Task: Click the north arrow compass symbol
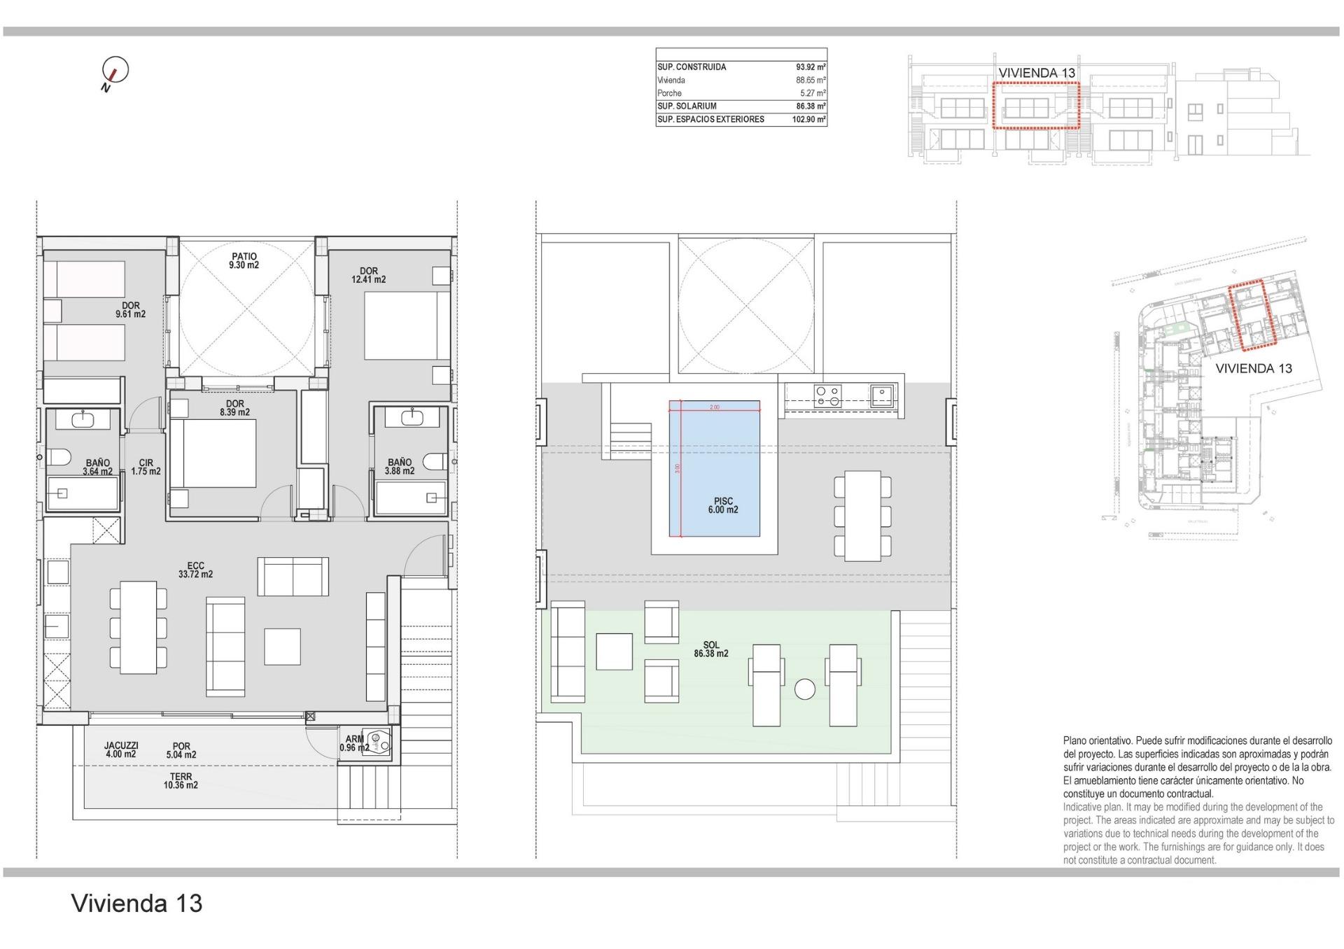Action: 115,70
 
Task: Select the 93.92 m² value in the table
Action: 811,67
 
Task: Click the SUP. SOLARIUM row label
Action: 687,106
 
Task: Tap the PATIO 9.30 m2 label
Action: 244,261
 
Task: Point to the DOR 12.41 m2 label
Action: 368,275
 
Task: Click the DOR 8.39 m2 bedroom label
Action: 234,408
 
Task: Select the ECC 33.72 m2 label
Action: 195,570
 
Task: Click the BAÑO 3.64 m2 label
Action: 97,467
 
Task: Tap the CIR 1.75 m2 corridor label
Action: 146,467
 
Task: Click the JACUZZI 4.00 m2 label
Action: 120,750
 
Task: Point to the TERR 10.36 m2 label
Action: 181,781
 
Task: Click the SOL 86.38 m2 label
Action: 710,649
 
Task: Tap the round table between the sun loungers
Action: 805,689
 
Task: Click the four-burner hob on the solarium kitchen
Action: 827,397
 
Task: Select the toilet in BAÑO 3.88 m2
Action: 437,462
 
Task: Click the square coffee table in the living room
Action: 282,647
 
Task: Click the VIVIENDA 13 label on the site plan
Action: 1253,369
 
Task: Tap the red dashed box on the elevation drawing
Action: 1036,105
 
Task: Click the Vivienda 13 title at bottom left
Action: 137,904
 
